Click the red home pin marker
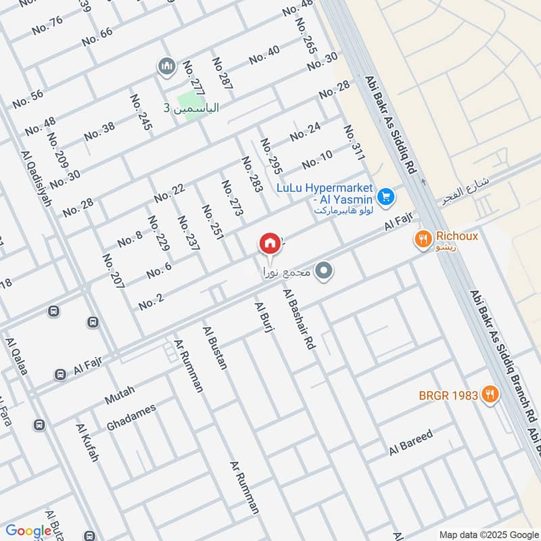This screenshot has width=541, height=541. coord(269,244)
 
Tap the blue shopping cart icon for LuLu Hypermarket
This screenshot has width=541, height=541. coord(386,197)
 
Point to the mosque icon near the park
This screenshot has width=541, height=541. coord(166,66)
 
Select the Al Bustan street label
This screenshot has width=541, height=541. coord(216,348)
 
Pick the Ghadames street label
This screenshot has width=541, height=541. coord(131,418)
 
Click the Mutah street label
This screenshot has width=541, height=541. coord(120,395)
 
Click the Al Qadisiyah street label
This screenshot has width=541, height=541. coord(37,179)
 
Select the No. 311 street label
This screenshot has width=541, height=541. coord(354,143)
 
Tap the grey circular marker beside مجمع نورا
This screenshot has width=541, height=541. coord(325,272)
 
